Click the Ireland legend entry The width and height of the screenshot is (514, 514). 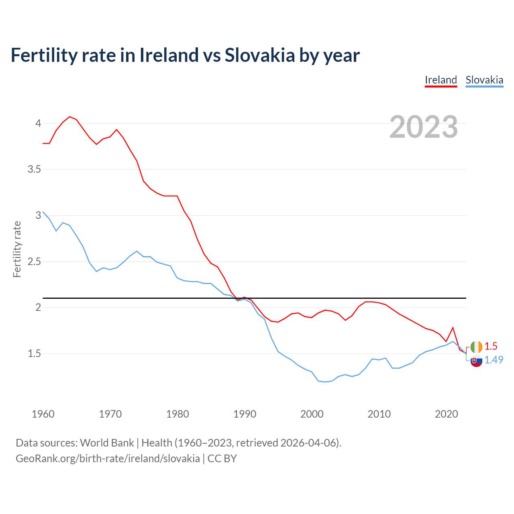[x=441, y=80]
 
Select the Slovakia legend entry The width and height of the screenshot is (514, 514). [x=484, y=80]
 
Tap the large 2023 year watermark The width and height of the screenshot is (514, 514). [x=424, y=127]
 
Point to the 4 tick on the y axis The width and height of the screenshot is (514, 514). [x=39, y=123]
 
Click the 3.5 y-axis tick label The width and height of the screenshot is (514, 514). [x=35, y=169]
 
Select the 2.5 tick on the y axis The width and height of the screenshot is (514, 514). [x=35, y=261]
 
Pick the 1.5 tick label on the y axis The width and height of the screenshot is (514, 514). [x=35, y=354]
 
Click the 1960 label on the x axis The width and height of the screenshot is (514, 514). [x=43, y=414]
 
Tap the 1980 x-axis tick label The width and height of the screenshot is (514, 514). [x=177, y=414]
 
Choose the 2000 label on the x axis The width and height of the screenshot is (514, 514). [x=312, y=414]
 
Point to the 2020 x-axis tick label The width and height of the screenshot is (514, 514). [x=446, y=414]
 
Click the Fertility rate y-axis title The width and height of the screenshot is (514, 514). [x=17, y=249]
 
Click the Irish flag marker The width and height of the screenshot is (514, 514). [x=476, y=347]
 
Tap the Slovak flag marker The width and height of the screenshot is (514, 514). [x=476, y=361]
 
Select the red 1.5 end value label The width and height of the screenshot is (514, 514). [x=491, y=347]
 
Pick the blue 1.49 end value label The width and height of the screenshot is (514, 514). [x=494, y=360]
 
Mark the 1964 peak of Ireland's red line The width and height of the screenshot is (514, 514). [x=70, y=117]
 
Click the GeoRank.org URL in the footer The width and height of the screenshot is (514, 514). [x=108, y=458]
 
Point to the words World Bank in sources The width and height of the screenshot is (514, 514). [x=107, y=443]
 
